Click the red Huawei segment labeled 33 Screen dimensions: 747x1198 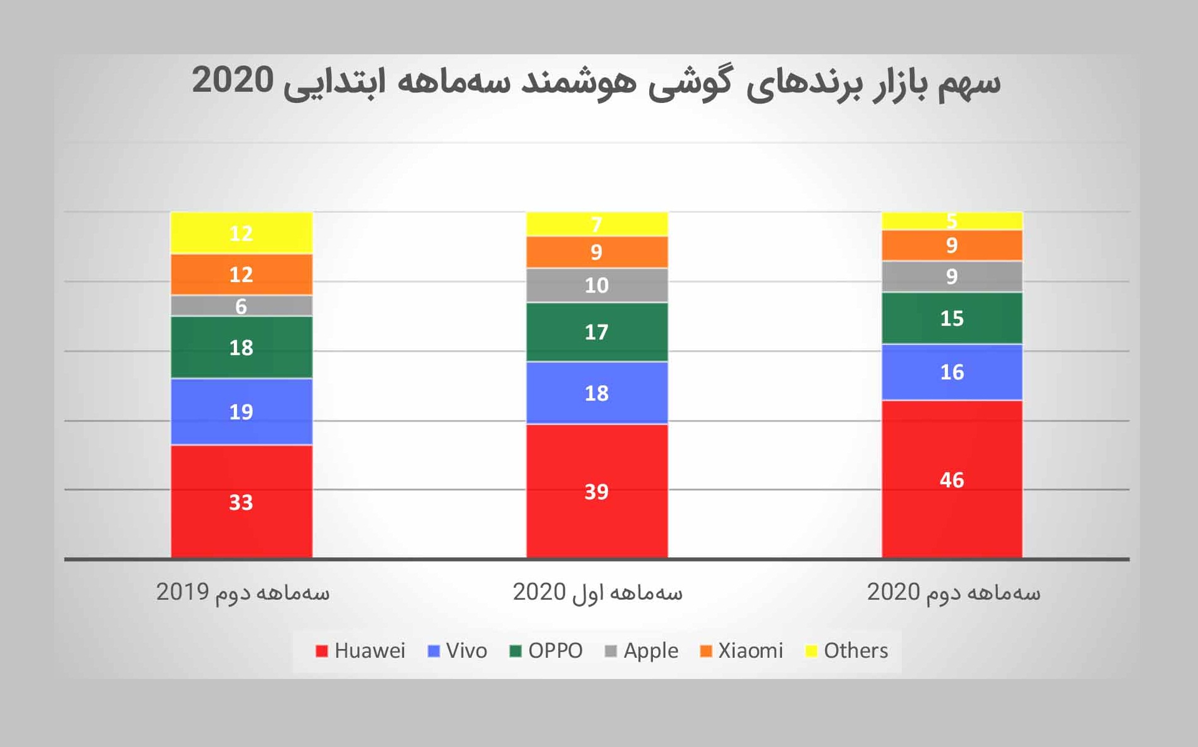point(241,501)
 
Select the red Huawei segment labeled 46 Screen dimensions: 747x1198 point(952,479)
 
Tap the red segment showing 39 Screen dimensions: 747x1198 point(596,491)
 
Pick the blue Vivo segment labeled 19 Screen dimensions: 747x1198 point(241,411)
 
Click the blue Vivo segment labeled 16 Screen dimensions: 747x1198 point(952,372)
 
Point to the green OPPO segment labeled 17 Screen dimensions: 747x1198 point(596,332)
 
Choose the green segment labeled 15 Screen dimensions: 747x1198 point(952,318)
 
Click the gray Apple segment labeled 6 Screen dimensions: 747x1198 point(241,306)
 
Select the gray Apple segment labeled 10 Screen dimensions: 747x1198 point(596,285)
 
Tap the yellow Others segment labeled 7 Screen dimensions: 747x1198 point(596,223)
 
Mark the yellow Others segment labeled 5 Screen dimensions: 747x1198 point(952,220)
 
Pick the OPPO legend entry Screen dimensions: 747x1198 point(546,651)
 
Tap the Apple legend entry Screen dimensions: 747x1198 point(642,651)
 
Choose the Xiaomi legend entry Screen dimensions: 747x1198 point(742,651)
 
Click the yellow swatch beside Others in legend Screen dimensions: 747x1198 point(811,652)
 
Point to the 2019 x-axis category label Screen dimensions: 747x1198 point(243,592)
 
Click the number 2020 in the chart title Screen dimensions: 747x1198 point(233,81)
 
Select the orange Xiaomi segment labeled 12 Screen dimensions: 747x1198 point(241,275)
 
